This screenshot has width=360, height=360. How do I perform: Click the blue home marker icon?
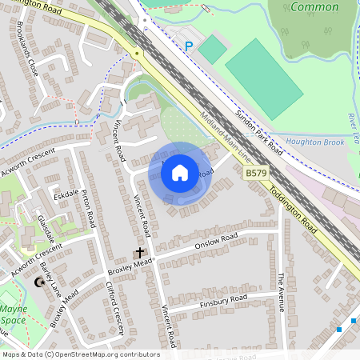pos(180,172)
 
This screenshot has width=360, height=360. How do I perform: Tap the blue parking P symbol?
pos(189,46)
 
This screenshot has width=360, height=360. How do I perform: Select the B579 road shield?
pos(256,173)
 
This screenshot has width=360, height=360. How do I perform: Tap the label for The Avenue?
pos(281,291)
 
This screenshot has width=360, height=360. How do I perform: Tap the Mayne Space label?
pos(13,314)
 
